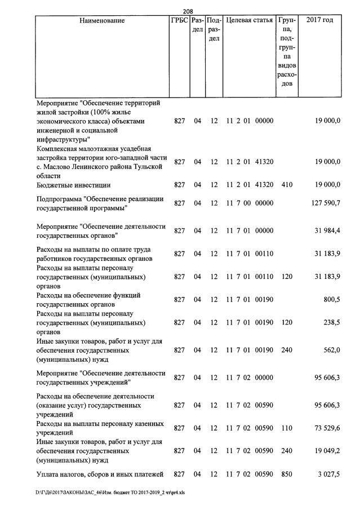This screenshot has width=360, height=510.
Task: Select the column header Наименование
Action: click(102, 21)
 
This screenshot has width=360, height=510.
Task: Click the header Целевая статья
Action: click(249, 21)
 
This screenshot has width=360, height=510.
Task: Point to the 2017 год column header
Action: click(319, 21)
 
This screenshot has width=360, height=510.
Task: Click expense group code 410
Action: click(286, 184)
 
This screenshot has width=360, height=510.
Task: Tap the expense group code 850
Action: click(286, 474)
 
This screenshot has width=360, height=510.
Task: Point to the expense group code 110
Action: click(286, 428)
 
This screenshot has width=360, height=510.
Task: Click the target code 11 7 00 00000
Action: click(249, 203)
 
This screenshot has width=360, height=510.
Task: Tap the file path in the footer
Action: click(113, 499)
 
